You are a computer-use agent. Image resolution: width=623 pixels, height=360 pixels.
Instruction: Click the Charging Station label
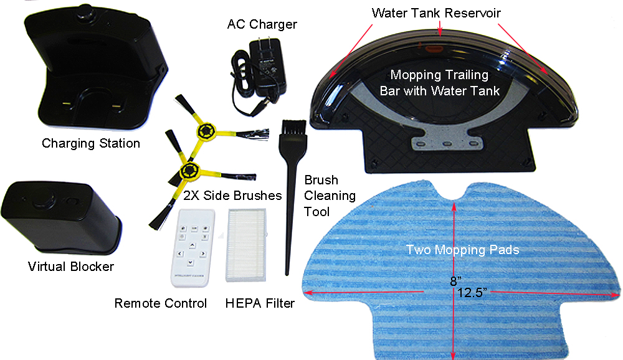pyautogui.click(x=91, y=143)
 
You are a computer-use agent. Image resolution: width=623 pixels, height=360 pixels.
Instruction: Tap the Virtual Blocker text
pyautogui.click(x=71, y=266)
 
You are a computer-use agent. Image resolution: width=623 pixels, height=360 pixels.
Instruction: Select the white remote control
pyautogui.click(x=193, y=247)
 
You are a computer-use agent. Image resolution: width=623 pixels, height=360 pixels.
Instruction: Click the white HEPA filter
pyautogui.click(x=246, y=245)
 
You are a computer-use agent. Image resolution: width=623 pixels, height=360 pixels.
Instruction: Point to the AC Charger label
pyautogui.click(x=262, y=24)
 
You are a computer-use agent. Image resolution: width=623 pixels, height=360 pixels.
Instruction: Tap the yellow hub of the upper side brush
pyautogui.click(x=206, y=130)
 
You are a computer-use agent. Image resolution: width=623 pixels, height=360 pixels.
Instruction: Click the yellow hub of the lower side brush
pyautogui.click(x=189, y=171)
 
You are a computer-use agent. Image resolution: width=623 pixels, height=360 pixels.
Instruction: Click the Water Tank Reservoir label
pyautogui.click(x=436, y=13)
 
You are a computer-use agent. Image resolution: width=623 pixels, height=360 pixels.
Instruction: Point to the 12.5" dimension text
pyautogui.click(x=472, y=293)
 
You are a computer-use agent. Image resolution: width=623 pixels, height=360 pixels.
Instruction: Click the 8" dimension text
pyautogui.click(x=456, y=282)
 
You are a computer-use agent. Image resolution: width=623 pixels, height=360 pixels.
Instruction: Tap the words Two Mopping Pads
pyautogui.click(x=462, y=250)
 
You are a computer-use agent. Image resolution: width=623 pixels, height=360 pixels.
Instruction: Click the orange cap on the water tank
pyautogui.click(x=434, y=49)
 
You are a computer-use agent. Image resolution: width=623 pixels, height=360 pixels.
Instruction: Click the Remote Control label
pyautogui.click(x=161, y=303)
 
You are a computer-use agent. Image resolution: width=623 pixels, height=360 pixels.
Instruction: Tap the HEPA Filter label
pyautogui.click(x=260, y=303)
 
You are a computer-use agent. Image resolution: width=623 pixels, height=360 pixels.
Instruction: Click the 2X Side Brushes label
pyautogui.click(x=232, y=196)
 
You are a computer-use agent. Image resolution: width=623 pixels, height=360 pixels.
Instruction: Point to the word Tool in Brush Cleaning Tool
pyautogui.click(x=316, y=211)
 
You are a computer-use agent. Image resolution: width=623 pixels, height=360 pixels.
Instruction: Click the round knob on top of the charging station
pyautogui.click(x=87, y=11)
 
